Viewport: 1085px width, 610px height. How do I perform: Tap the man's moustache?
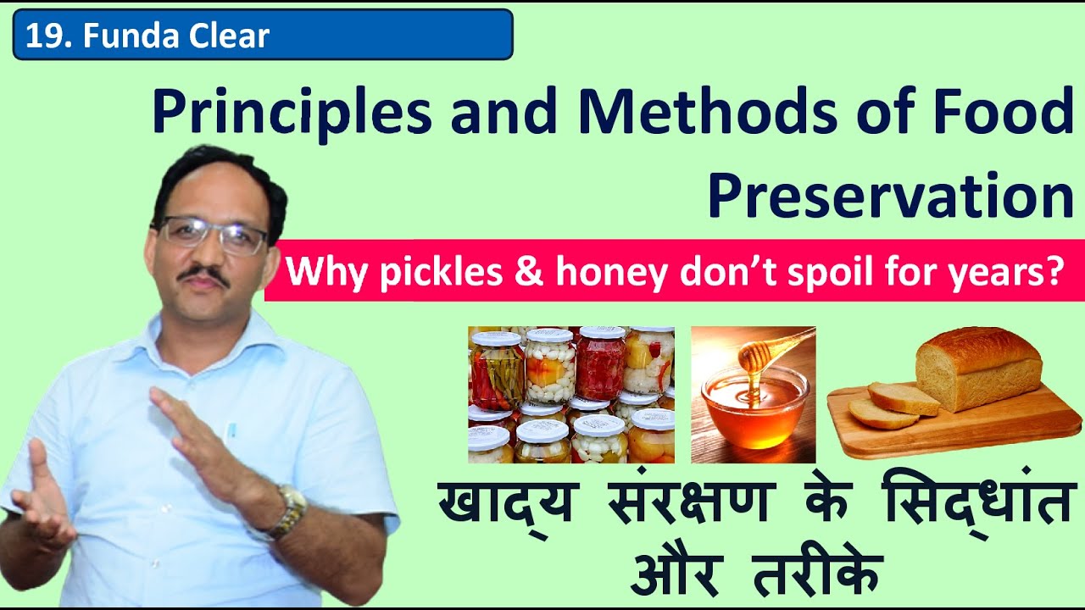pyautogui.click(x=203, y=274)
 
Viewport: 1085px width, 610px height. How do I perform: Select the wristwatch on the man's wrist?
pyautogui.click(x=288, y=510)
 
